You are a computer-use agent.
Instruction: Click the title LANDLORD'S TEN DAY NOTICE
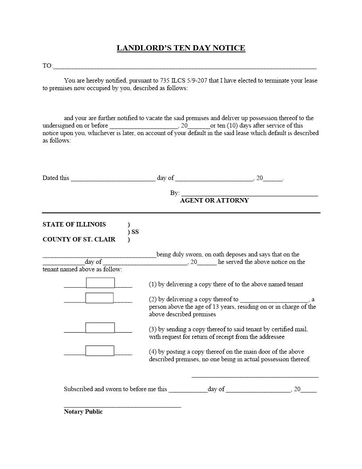point(181,48)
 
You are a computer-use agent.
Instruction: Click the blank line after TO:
point(184,68)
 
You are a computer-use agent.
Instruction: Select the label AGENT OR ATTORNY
point(214,201)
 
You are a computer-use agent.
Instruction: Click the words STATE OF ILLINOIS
point(74,225)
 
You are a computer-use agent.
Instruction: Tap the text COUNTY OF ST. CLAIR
point(79,239)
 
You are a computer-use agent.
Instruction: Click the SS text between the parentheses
point(135,232)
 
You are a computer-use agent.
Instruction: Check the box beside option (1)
point(100,283)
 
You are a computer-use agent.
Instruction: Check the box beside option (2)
point(99,298)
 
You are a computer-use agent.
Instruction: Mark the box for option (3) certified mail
point(100,328)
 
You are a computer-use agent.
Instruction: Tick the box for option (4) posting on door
point(100,351)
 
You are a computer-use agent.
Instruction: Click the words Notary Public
point(83,412)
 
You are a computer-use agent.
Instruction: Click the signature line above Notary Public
point(122,406)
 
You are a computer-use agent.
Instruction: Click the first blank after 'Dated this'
point(113,179)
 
